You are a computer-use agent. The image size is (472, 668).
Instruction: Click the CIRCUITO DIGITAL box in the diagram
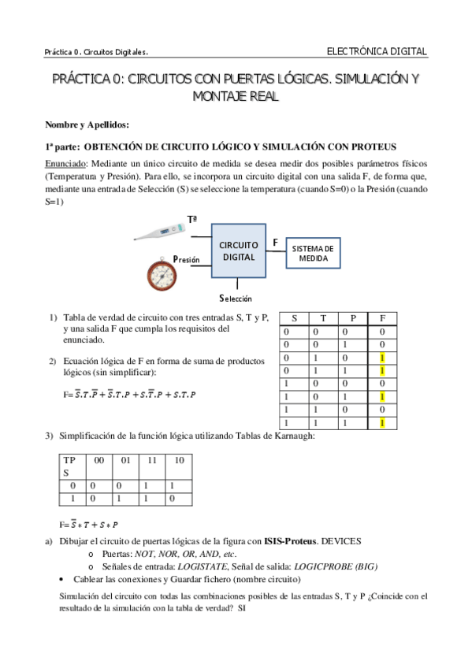pos(238,250)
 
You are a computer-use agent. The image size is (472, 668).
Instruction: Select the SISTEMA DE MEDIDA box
pos(313,253)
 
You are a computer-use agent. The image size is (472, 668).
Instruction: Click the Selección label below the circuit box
pos(235,299)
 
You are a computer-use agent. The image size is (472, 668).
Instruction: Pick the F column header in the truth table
pos(382,317)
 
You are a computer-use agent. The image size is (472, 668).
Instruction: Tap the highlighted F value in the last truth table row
pos(382,423)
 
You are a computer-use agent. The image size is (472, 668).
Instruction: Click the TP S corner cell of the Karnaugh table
pos(70,465)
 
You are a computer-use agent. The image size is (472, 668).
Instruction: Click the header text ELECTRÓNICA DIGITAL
pos(377,51)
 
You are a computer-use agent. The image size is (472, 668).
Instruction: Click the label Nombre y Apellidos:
pos(87,124)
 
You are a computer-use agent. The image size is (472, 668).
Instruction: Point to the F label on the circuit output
pos(274,242)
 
